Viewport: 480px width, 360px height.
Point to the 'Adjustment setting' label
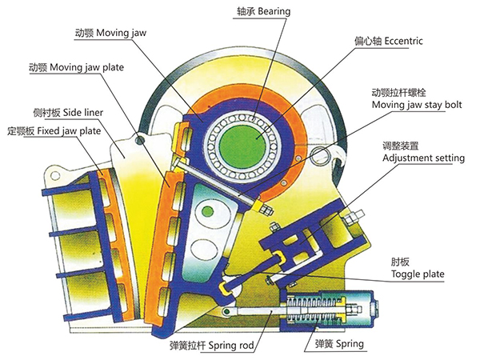[x=423, y=158]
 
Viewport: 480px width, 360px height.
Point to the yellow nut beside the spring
[x=354, y=308]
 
